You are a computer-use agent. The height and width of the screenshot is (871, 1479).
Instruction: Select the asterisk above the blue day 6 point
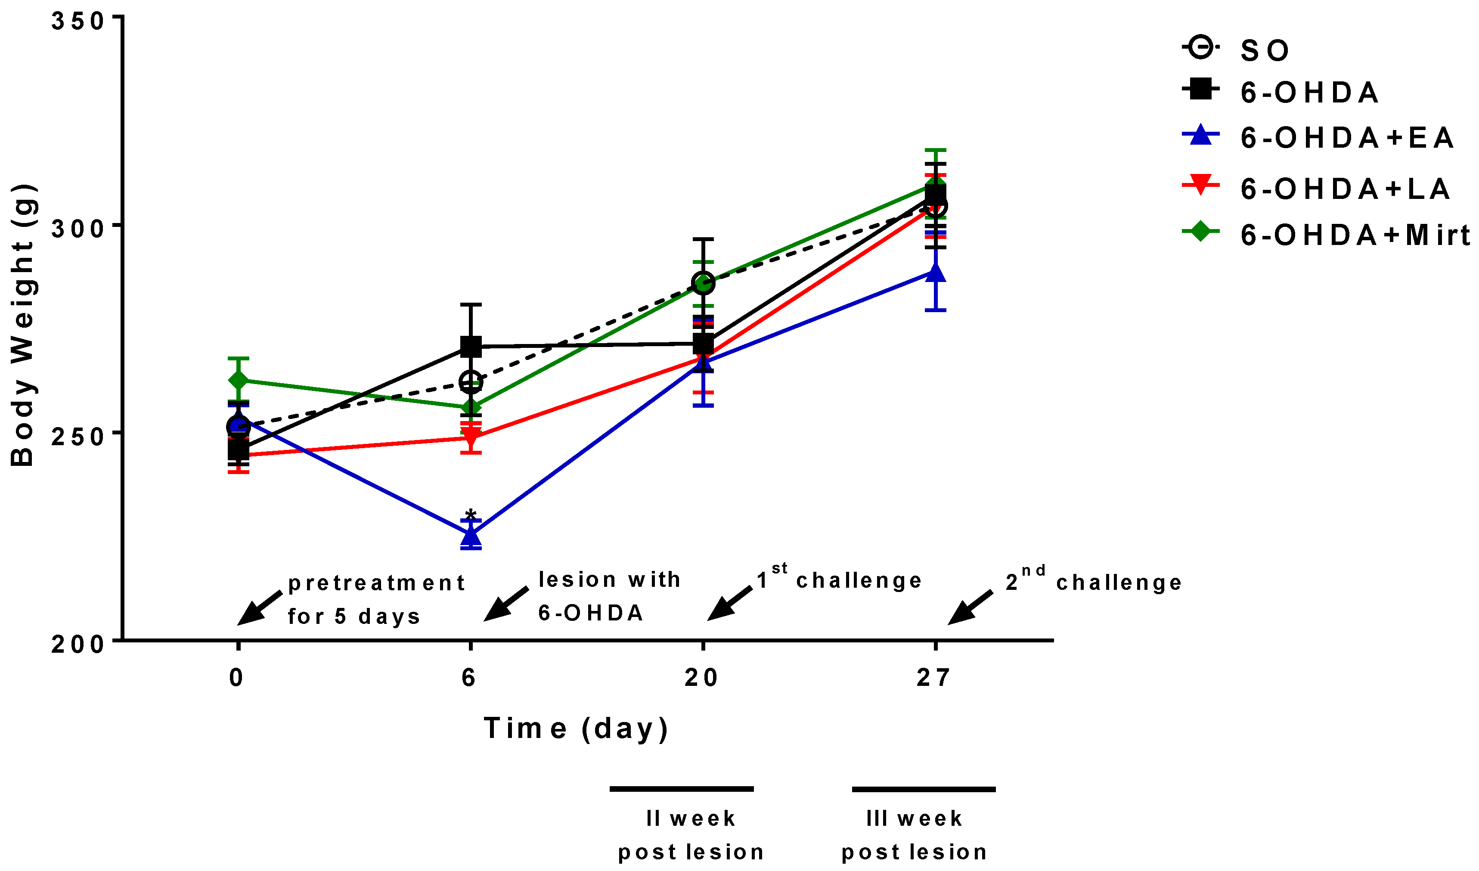(x=470, y=515)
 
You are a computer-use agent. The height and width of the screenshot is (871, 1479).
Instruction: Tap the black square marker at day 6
(x=471, y=347)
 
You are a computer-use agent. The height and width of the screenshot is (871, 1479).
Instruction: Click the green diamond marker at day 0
(x=238, y=380)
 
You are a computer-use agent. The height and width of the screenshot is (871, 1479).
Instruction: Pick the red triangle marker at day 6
(x=471, y=436)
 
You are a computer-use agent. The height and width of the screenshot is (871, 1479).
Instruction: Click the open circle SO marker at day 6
(x=471, y=382)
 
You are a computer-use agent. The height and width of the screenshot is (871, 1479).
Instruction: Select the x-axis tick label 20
(x=701, y=678)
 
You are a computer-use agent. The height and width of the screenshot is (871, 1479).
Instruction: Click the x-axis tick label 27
(x=933, y=678)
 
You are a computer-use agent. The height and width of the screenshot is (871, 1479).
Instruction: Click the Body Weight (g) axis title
(x=24, y=326)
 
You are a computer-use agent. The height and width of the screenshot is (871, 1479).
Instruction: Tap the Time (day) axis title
(x=577, y=728)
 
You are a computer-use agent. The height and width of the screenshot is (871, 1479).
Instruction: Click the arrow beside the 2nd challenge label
(x=970, y=608)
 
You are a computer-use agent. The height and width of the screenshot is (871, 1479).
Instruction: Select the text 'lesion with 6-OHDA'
(x=609, y=596)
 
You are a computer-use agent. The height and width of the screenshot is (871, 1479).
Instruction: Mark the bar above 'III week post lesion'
(x=924, y=790)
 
